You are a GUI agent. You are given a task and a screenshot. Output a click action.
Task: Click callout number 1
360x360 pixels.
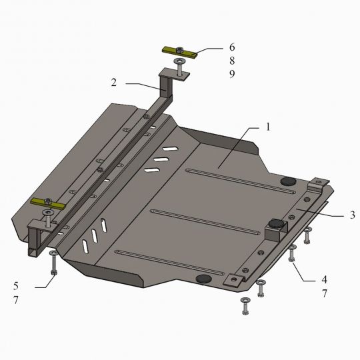[268, 127]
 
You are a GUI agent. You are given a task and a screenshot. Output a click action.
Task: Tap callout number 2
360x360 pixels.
[114, 83]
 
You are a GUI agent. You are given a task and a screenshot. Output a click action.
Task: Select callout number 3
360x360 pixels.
[353, 215]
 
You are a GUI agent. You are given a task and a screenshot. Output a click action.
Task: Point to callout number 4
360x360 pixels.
[324, 279]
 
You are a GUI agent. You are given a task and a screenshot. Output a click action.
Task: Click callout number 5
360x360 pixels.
[15, 286]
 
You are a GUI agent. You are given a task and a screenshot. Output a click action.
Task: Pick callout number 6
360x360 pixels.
[232, 47]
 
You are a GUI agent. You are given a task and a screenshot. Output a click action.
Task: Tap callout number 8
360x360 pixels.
[232, 61]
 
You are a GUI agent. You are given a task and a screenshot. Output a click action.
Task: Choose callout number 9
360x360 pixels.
[232, 74]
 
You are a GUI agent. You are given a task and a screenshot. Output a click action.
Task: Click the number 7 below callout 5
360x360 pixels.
[15, 300]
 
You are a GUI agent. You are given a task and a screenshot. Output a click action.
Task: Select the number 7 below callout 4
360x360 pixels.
[324, 293]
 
